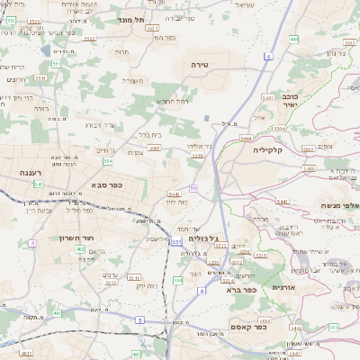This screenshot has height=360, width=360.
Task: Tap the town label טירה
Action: tap(200, 65)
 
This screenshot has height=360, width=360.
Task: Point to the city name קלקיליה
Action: tap(267, 150)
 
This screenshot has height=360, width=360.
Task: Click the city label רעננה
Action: tap(19, 170)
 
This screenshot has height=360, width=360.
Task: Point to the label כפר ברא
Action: tap(243, 290)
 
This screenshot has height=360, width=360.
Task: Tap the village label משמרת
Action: tap(135, 80)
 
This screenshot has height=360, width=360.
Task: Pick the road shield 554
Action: tap(108, 161)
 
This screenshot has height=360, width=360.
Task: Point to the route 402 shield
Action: tap(136, 355)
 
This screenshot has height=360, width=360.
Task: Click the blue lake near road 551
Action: tap(209, 118)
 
